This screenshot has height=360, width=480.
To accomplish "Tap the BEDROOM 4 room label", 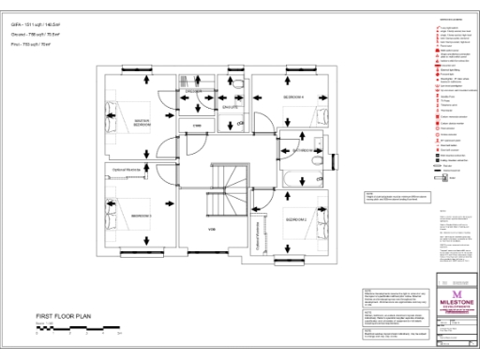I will click(295, 97).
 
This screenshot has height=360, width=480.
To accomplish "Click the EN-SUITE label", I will click(228, 108).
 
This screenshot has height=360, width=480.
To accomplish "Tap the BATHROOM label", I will click(307, 150).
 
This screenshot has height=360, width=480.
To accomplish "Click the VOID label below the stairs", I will click(212, 228).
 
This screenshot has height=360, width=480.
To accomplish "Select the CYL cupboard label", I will click(198, 125).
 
